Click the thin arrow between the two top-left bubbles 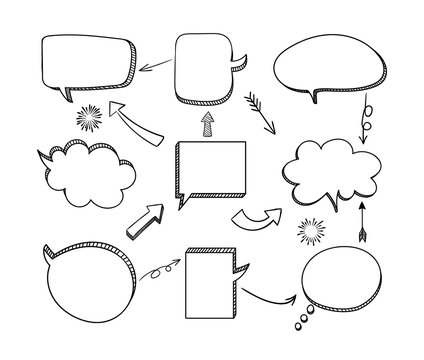[153, 65]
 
